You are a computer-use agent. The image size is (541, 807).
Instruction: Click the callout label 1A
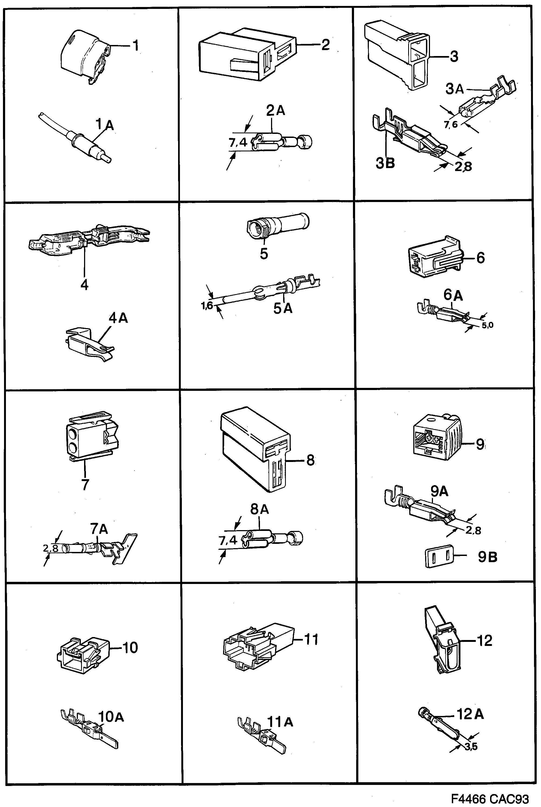pyautogui.click(x=104, y=124)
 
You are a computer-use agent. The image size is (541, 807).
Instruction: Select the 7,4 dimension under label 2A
pyautogui.click(x=238, y=142)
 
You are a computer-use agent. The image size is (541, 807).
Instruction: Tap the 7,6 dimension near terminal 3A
pyautogui.click(x=450, y=124)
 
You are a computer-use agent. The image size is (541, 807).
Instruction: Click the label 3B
pyautogui.click(x=385, y=163)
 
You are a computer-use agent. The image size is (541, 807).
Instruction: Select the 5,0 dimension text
pyautogui.click(x=488, y=325)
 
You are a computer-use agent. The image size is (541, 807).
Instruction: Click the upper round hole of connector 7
pyautogui.click(x=73, y=434)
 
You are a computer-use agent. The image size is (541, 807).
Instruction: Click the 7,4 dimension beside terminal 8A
pyautogui.click(x=228, y=540)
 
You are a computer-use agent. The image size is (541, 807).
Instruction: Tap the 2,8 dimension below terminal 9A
pyautogui.click(x=473, y=530)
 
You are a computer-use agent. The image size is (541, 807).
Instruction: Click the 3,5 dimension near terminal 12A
pyautogui.click(x=471, y=747)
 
